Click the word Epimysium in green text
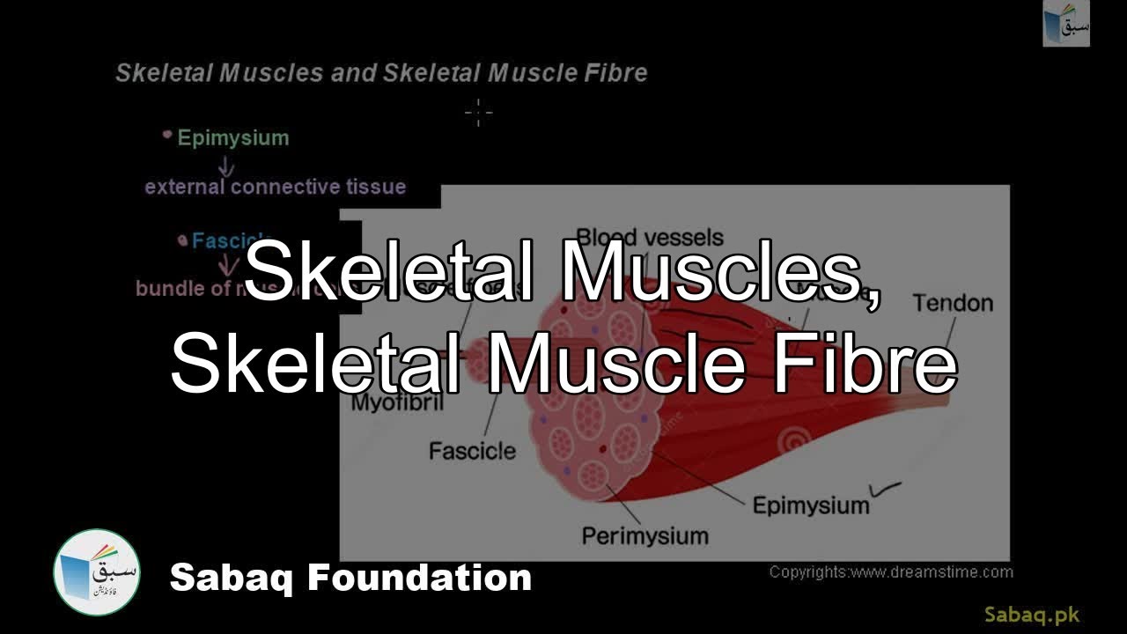232,138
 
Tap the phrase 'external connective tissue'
275,187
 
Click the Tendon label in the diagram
953,304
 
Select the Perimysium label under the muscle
645,535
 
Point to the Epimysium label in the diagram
810,505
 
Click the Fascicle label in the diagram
472,452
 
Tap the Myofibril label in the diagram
397,404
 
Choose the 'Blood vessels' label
650,238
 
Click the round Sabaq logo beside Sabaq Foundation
97,573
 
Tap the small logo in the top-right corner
1066,24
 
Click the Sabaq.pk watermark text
1031,615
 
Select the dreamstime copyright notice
891,572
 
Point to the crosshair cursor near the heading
478,112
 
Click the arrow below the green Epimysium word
226,165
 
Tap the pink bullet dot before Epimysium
167,135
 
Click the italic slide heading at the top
381,73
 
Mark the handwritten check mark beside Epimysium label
885,485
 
